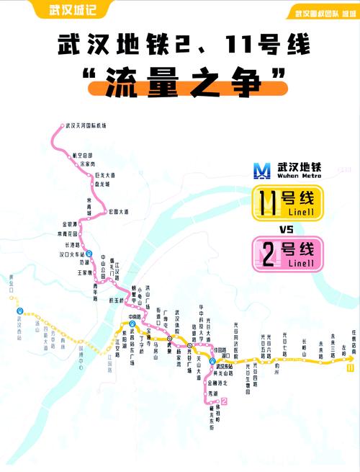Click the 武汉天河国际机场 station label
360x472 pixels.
pos(85,125)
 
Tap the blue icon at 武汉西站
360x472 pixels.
pos(20,311)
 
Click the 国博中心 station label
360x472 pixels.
pos(82,352)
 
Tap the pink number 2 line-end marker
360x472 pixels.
pos(225,401)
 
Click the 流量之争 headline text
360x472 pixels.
pos(179,81)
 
